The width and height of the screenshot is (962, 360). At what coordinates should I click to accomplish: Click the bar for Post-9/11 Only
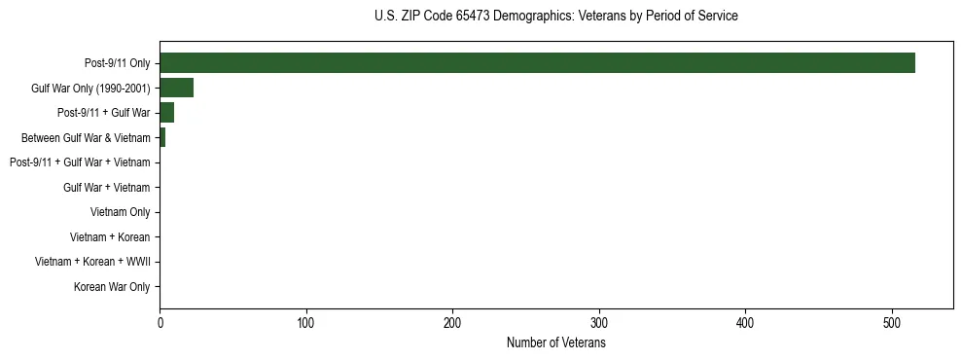click(x=537, y=63)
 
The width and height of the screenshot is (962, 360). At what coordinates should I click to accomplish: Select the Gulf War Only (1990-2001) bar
click(x=176, y=89)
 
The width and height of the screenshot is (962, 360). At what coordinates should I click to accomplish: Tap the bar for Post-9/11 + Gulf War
click(x=166, y=113)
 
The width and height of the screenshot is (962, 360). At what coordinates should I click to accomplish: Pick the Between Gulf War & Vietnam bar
click(x=162, y=138)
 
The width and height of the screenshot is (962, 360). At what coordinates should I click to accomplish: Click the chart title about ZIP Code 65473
click(x=555, y=17)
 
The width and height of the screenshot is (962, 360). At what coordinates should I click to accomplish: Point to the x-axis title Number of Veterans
click(x=555, y=342)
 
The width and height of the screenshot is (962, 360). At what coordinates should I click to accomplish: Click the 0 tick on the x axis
click(x=160, y=322)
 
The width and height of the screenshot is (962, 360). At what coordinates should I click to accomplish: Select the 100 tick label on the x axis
click(x=306, y=322)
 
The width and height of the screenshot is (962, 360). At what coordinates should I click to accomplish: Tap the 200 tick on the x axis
click(x=453, y=322)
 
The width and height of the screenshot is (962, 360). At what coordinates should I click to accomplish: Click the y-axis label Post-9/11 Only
click(x=118, y=63)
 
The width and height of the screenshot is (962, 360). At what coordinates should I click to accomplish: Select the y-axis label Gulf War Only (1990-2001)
click(x=91, y=89)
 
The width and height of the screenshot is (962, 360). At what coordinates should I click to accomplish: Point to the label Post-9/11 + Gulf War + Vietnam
click(x=80, y=162)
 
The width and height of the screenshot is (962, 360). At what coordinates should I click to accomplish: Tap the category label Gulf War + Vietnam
click(x=107, y=188)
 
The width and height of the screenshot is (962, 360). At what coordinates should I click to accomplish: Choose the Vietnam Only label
click(x=121, y=212)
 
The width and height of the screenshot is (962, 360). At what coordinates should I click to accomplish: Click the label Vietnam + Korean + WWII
click(x=92, y=262)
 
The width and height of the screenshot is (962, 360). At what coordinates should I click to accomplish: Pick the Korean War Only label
click(x=112, y=287)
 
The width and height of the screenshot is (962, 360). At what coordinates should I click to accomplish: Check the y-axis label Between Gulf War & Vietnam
click(x=86, y=138)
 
